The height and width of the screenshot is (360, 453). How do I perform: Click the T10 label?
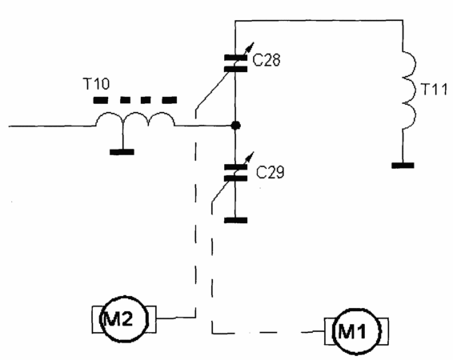[96, 84]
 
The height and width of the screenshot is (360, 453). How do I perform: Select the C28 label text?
[266, 60]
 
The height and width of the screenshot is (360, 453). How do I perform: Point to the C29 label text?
[271, 172]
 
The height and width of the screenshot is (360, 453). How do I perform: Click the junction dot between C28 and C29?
[236, 126]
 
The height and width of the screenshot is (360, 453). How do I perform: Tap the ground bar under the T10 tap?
[122, 152]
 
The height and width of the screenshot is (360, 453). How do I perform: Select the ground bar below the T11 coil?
[403, 166]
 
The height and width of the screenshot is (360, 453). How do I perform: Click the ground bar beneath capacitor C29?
[236, 220]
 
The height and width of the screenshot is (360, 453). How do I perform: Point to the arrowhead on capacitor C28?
[251, 46]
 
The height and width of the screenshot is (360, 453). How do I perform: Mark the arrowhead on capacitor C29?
[251, 155]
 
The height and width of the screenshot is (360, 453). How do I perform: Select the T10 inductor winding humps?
[135, 113]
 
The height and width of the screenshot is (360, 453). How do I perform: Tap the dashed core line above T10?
[135, 100]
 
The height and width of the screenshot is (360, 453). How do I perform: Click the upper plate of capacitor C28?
[236, 58]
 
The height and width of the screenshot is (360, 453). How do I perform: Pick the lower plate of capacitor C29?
[236, 178]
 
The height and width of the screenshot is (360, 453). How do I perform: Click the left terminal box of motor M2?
[96, 319]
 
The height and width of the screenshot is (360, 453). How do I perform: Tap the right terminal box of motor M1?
[384, 331]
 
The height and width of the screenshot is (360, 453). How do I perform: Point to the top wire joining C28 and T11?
[319, 21]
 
